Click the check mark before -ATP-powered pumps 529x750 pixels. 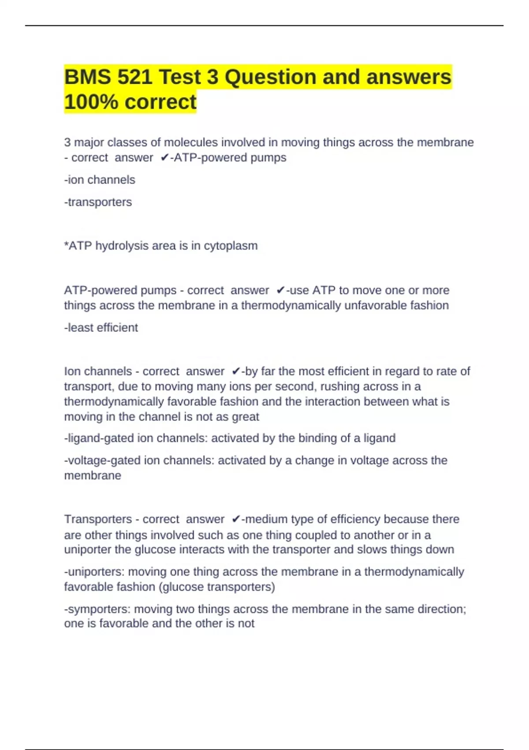pyautogui.click(x=164, y=157)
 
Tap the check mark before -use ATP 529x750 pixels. pyautogui.click(x=280, y=290)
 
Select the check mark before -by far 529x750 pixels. pyautogui.click(x=236, y=371)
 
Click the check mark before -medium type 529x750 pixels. pyautogui.click(x=236, y=519)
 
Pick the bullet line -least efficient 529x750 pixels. pyautogui.click(x=101, y=327)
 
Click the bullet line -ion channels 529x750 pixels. pyautogui.click(x=100, y=180)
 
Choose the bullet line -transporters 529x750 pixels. pyautogui.click(x=98, y=202)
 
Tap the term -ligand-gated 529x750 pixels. pyautogui.click(x=99, y=438)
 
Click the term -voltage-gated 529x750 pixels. pyautogui.click(x=102, y=461)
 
